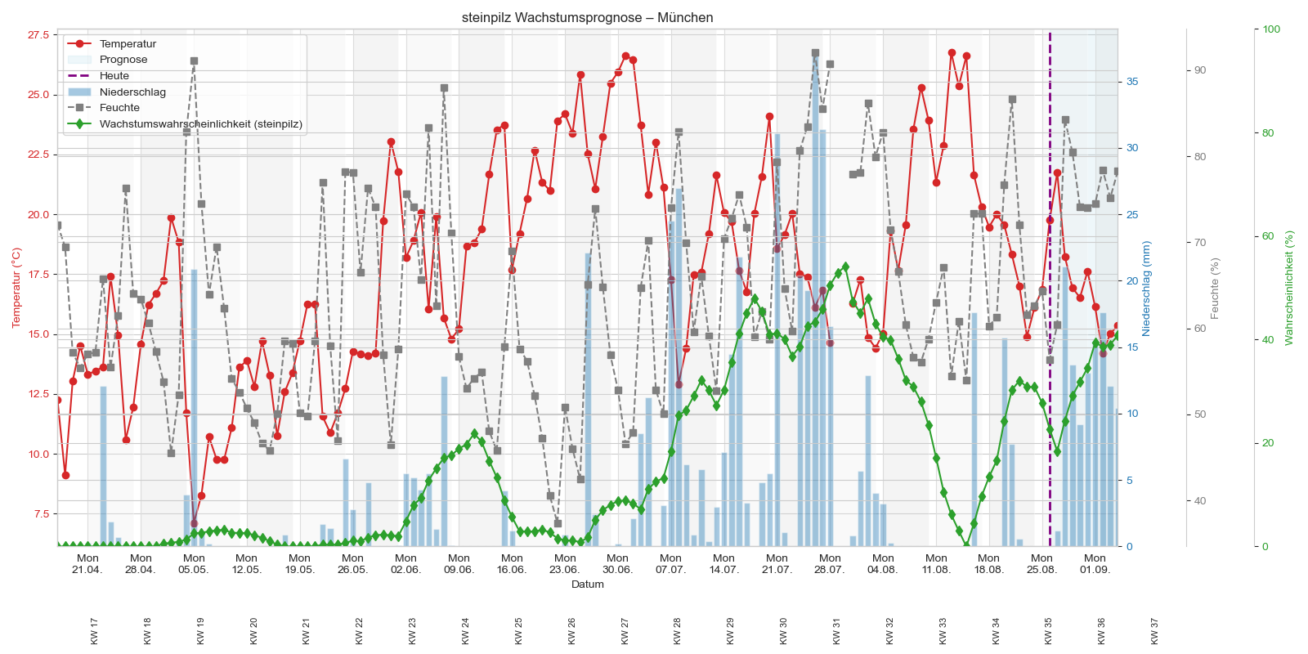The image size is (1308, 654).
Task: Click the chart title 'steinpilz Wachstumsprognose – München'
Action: click(587, 17)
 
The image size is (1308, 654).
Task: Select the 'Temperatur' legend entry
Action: click(128, 44)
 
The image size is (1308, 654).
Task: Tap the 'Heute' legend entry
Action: click(114, 76)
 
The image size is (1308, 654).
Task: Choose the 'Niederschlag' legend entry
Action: click(132, 92)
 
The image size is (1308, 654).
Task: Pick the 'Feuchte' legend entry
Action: click(119, 108)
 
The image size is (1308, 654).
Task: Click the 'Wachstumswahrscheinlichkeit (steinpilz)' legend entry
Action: click(200, 124)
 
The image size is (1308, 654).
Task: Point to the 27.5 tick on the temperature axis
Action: click(38, 35)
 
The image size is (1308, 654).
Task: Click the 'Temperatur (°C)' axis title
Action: click(16, 288)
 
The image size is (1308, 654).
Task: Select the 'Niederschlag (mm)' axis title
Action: click(1146, 288)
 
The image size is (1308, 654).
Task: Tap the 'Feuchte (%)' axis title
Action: click(1215, 288)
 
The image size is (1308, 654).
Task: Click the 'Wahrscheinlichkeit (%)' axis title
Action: click(1289, 288)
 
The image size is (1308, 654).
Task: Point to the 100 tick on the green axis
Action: click(1271, 29)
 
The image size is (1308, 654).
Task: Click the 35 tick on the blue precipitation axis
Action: click(1132, 82)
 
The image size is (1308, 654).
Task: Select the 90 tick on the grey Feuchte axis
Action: click(1199, 70)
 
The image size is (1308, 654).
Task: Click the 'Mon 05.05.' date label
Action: click(194, 564)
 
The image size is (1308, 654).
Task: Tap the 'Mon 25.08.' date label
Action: click(1041, 564)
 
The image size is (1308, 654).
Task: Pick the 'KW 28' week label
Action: click(677, 631)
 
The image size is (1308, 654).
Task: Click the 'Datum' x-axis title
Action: click(587, 585)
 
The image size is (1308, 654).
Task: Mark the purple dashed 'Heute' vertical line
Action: click(1050, 245)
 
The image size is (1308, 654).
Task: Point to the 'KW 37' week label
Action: click(1154, 631)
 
